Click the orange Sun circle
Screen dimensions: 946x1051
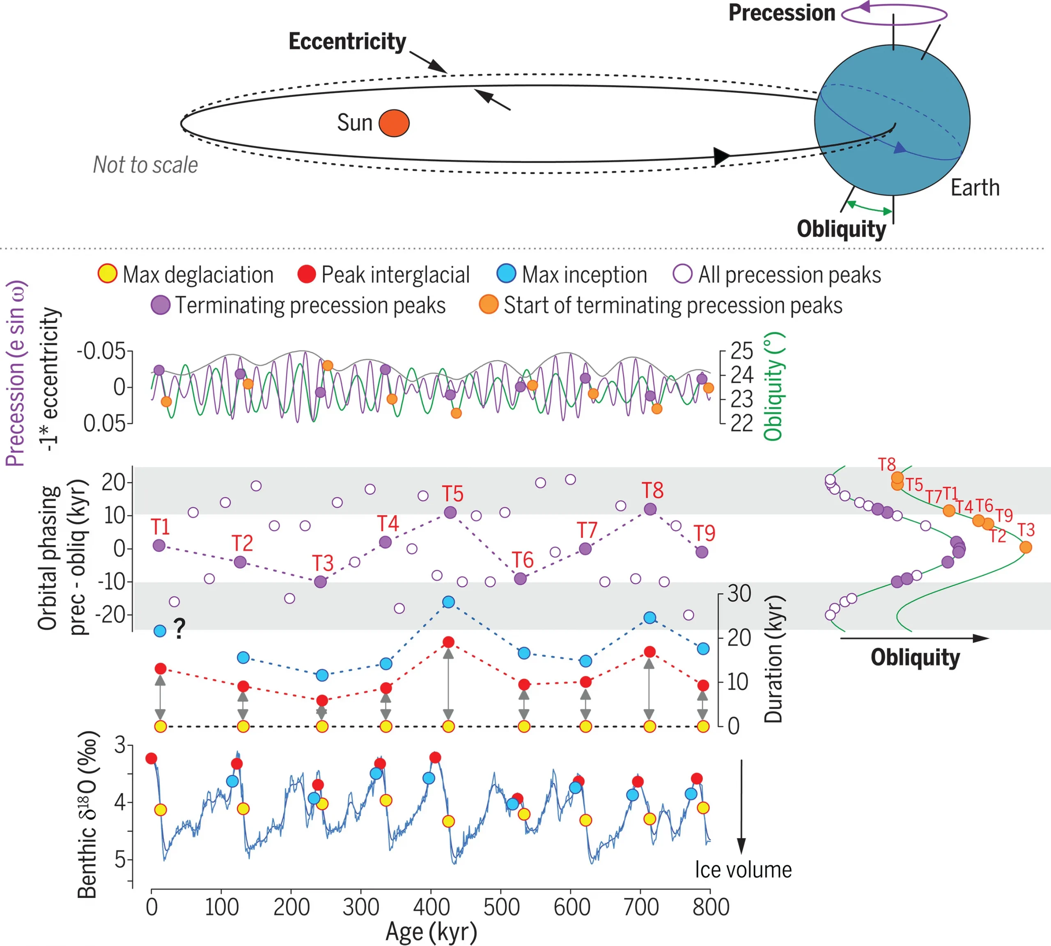point(394,123)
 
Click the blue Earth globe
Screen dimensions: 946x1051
point(891,120)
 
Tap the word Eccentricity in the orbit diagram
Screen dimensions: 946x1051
point(347,41)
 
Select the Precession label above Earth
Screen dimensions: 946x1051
point(781,12)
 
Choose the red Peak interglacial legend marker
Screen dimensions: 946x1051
point(306,274)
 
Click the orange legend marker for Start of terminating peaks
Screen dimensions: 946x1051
point(488,304)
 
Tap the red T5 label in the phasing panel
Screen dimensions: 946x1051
point(452,493)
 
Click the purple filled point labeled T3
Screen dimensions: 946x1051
point(320,582)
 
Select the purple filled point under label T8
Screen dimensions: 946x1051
point(650,509)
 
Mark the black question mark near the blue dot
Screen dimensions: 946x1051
point(179,629)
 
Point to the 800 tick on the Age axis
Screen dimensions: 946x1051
point(710,907)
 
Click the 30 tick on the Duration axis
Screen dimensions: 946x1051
point(739,594)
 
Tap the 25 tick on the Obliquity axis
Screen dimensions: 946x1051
point(741,352)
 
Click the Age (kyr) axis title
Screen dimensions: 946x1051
point(431,932)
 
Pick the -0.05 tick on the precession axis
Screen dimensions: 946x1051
point(101,352)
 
